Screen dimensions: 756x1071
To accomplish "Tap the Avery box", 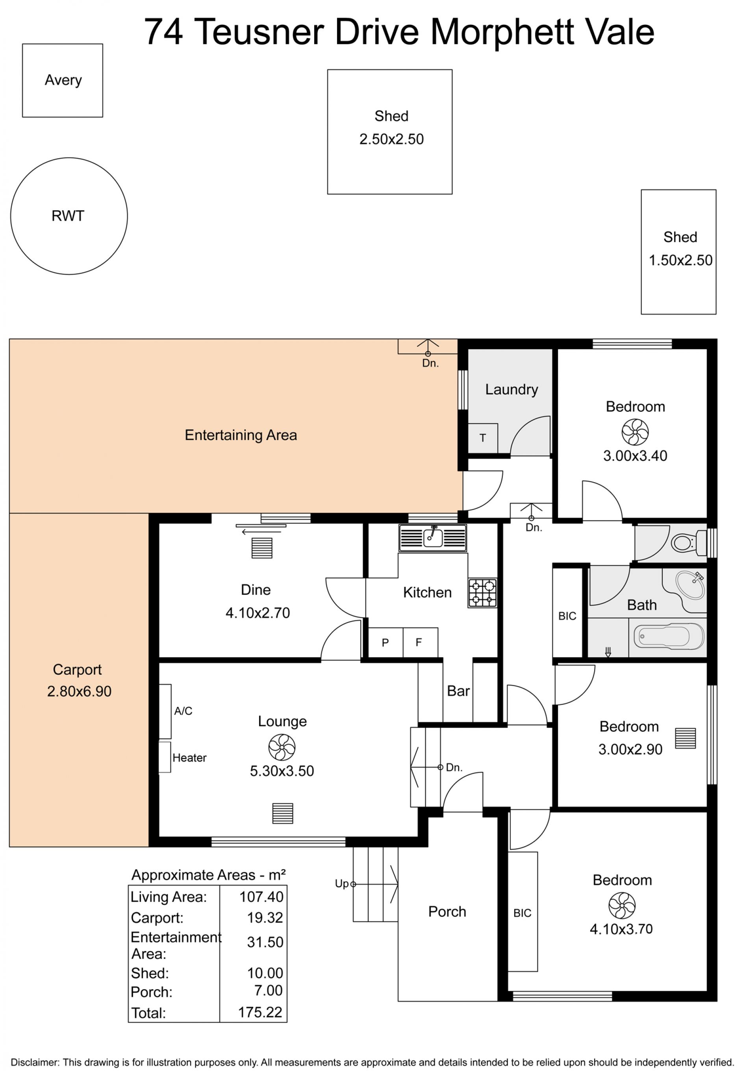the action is [x=63, y=44].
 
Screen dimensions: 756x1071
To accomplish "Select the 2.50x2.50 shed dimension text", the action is [x=391, y=139].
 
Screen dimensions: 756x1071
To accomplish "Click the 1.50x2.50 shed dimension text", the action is [x=680, y=260].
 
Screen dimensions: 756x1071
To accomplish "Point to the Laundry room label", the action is [x=511, y=390].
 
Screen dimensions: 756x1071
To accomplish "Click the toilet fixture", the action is [x=689, y=543].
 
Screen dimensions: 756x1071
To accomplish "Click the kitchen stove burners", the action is [x=482, y=593].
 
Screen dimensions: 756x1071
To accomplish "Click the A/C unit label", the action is [x=183, y=711].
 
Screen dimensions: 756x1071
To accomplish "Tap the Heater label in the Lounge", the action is [x=189, y=758].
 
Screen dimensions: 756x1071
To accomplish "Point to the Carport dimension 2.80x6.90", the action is [x=79, y=691].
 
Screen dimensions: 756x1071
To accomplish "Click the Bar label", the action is [x=458, y=691].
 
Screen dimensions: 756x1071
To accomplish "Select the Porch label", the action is [x=447, y=912].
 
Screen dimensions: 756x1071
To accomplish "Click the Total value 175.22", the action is [x=260, y=1012].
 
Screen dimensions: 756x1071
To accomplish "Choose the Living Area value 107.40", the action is [x=261, y=897].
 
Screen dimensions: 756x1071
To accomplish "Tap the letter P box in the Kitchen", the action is [x=385, y=642].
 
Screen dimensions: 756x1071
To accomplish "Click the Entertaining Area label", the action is [x=241, y=435].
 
